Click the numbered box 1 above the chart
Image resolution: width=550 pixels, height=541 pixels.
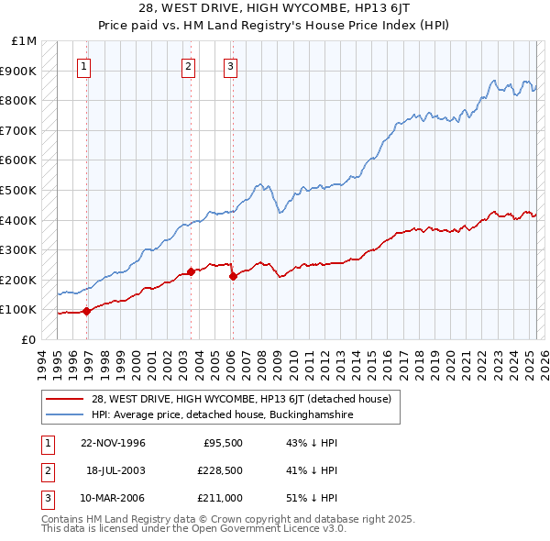click(83, 66)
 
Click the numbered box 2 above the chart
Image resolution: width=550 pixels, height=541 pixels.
click(188, 66)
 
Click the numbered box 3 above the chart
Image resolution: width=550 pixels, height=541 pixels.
click(230, 66)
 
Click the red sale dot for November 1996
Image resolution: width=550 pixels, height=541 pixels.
click(87, 311)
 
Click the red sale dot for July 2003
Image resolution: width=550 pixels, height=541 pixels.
click(191, 271)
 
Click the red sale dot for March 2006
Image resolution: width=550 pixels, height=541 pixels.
click(233, 276)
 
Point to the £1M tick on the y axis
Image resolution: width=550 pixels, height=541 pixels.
click(25, 41)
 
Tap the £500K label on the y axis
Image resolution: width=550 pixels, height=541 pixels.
click(19, 191)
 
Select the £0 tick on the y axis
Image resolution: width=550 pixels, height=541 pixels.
click(29, 339)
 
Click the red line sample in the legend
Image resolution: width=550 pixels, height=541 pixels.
click(64, 399)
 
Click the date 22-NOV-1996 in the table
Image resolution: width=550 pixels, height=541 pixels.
click(114, 443)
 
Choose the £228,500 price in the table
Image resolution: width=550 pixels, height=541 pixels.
click(221, 470)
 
